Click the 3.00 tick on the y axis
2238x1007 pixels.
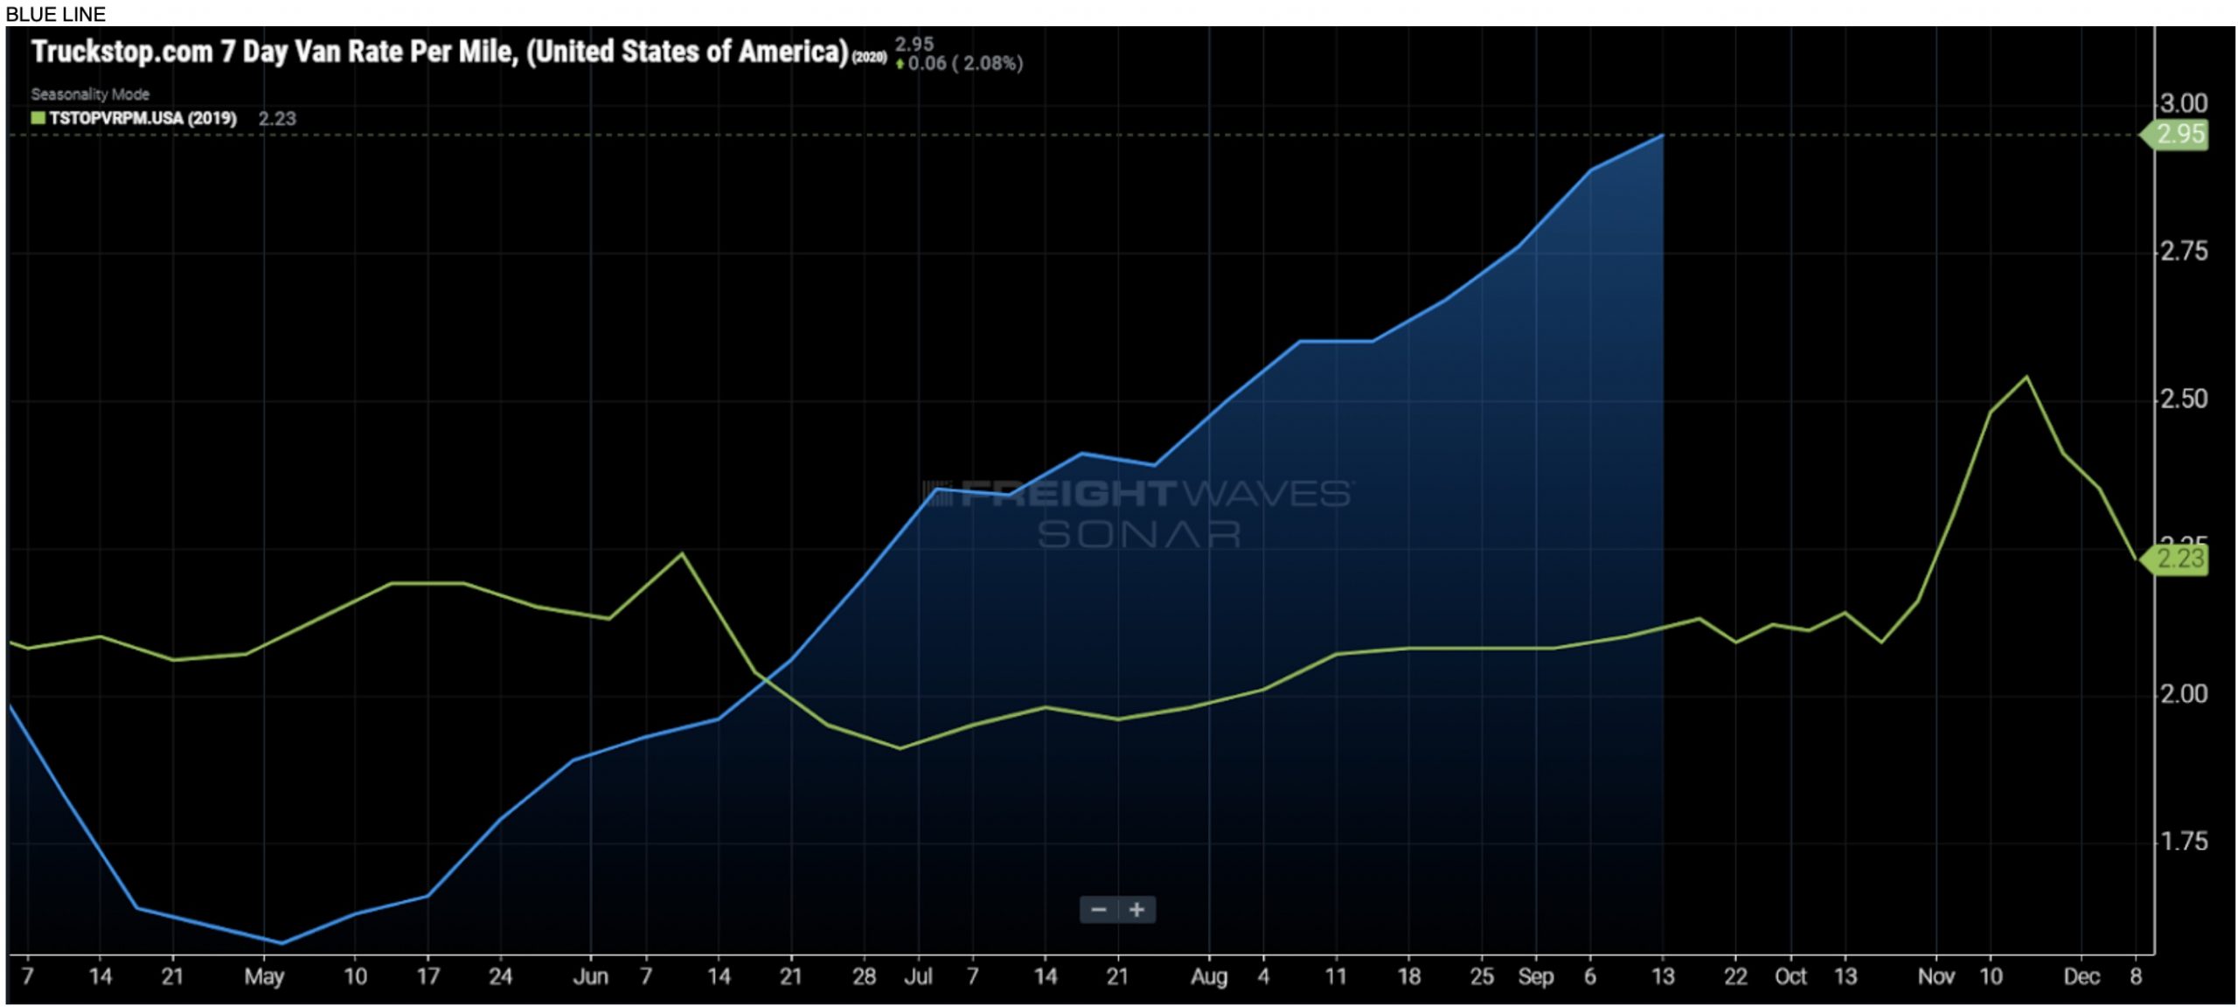(2183, 104)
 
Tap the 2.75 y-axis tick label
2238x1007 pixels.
(2183, 252)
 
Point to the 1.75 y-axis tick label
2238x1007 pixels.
(2183, 842)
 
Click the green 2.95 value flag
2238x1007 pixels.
(2179, 135)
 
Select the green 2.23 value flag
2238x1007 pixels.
(2179, 559)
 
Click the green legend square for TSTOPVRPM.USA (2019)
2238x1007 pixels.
(38, 118)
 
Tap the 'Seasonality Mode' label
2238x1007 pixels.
(90, 94)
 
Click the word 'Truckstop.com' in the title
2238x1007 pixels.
(122, 52)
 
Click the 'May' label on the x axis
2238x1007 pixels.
(263, 976)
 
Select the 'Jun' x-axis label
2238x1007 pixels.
(590, 976)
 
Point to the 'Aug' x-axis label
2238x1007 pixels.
(1208, 976)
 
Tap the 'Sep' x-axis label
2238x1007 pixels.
(1535, 976)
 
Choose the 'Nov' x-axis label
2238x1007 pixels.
(1936, 976)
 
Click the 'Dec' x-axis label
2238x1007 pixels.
(2081, 976)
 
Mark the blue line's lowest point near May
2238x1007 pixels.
(281, 943)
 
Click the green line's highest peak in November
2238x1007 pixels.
(2026, 377)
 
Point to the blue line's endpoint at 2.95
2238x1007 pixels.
(1662, 135)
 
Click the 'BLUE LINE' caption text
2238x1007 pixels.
(55, 14)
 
